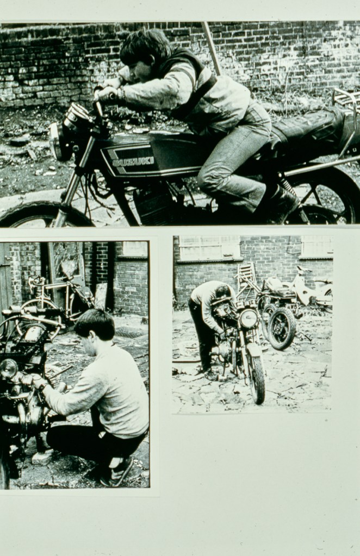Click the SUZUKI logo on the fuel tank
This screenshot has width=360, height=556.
point(133,161)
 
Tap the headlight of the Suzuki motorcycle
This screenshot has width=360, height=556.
point(56,141)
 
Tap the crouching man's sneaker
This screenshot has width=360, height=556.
point(117,472)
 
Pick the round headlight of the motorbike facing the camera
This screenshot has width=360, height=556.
point(249,318)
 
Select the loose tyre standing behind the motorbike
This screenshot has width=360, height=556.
point(282,328)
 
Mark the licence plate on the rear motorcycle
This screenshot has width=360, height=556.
point(291,306)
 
